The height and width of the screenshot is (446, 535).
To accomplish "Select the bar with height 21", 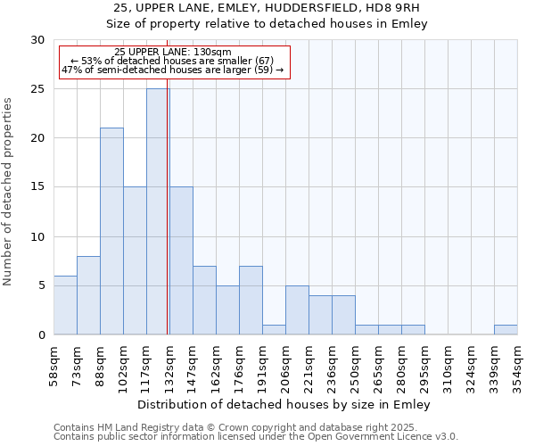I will [111, 231].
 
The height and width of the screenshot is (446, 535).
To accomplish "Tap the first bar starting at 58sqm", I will [65, 305].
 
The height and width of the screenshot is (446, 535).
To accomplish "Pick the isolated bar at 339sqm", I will [506, 329].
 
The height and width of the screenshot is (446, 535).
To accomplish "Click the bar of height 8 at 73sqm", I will [88, 295].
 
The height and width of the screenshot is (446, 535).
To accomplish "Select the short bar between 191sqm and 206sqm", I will [274, 329].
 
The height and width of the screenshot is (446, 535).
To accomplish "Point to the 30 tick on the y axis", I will [37, 40].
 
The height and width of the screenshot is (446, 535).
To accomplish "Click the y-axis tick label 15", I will [37, 187].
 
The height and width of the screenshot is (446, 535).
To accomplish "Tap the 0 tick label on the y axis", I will [41, 335].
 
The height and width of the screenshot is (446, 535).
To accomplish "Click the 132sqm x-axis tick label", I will [169, 364].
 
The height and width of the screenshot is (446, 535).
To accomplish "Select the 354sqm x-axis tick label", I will [517, 364].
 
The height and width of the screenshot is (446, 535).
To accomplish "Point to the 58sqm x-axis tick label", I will [53, 364].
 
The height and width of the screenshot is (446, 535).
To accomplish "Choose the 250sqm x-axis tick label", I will [355, 364].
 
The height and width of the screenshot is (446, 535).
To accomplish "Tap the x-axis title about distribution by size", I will [285, 405].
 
